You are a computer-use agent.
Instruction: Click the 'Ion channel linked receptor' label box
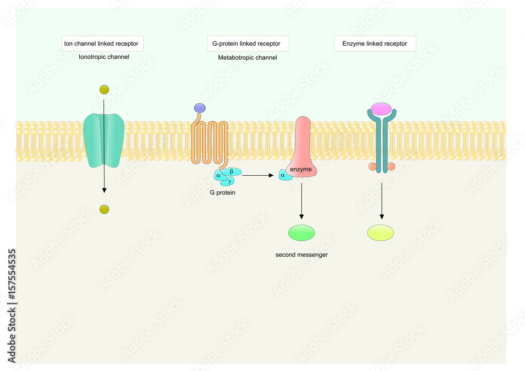102,44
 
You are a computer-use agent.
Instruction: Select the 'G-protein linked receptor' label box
246,44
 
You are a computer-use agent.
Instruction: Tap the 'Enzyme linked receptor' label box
375,44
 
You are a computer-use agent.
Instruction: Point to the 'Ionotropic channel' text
103,57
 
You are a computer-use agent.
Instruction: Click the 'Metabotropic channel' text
247,57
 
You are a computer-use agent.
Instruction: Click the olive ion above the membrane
104,90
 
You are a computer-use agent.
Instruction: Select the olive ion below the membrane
104,210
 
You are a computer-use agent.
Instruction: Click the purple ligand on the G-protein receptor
199,108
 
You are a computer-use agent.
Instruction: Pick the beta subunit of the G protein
231,172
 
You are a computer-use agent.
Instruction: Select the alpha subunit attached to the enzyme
284,176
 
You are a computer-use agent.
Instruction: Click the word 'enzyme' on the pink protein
301,169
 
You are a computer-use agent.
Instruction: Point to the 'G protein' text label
223,193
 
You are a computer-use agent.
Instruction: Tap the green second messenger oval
301,232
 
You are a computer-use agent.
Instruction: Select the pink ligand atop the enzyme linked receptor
381,109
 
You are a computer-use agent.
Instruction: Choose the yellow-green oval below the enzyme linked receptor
381,232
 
